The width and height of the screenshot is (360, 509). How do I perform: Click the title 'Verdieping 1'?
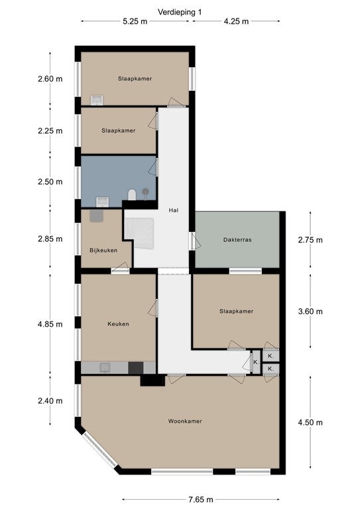[180, 12]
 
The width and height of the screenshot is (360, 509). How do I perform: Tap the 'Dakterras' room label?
[237, 240]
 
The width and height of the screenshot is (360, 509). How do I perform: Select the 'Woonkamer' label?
[185, 421]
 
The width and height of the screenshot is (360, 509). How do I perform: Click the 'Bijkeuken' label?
[103, 251]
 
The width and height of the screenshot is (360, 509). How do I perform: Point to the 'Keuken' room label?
[118, 323]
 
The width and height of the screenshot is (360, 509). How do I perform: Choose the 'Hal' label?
[174, 210]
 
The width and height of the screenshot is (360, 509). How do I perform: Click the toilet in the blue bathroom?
[132, 194]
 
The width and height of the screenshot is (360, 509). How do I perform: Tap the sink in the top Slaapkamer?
[97, 100]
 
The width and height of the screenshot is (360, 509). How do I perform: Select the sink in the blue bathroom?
[103, 201]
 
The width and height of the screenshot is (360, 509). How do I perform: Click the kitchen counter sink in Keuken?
[105, 367]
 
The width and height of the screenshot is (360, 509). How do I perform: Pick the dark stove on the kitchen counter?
[136, 368]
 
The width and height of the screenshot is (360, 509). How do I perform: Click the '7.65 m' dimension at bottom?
[201, 499]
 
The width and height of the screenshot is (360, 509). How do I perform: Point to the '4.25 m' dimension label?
[236, 21]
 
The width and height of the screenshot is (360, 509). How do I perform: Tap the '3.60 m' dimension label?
[310, 311]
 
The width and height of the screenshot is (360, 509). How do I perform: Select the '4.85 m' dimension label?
[50, 324]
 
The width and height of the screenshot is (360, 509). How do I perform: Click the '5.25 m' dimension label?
[135, 21]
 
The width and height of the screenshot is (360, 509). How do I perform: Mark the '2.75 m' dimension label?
[310, 240]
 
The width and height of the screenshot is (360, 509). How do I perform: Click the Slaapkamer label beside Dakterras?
[236, 311]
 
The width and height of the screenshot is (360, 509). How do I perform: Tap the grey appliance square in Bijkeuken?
[96, 216]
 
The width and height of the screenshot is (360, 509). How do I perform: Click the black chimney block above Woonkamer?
[152, 380]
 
